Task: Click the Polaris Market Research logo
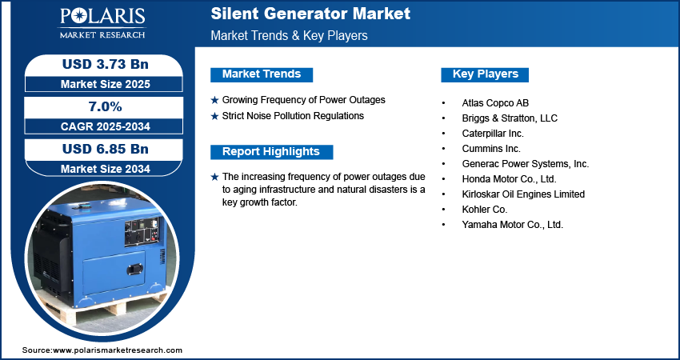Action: (x=102, y=23)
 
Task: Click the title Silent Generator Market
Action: (x=310, y=14)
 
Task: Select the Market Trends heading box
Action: (x=262, y=74)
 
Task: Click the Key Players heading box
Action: (x=485, y=74)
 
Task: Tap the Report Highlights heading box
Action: (x=270, y=152)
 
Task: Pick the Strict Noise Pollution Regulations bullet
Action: (x=293, y=116)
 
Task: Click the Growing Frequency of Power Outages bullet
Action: (x=303, y=100)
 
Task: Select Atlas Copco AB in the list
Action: (x=495, y=103)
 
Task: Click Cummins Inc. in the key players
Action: (x=490, y=149)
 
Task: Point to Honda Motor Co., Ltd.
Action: (x=508, y=179)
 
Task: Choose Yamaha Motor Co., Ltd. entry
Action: (x=512, y=225)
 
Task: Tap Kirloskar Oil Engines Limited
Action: (x=523, y=194)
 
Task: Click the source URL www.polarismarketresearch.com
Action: (x=118, y=350)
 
